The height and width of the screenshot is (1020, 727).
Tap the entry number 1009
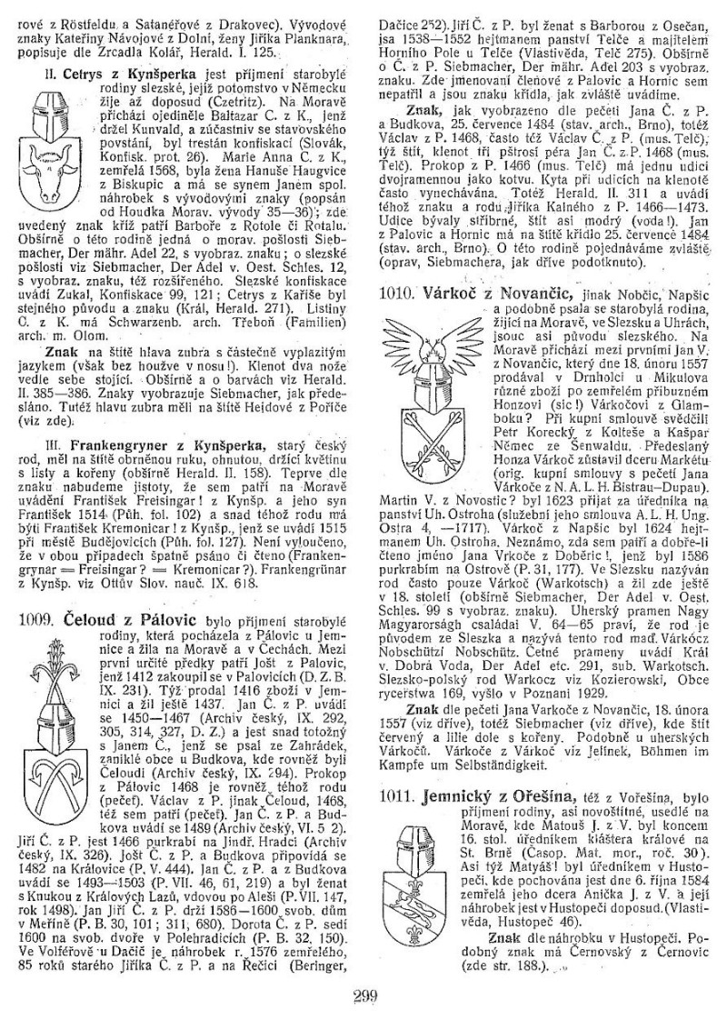point(37,594)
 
